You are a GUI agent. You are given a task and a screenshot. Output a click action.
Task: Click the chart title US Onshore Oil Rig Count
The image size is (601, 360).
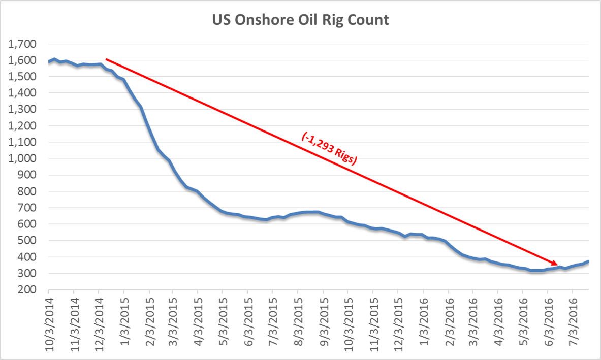coord(300,21)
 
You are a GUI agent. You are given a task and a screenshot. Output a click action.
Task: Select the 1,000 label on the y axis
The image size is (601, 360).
coord(22,158)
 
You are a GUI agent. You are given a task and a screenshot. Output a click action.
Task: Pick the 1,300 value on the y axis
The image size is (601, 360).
coord(22,110)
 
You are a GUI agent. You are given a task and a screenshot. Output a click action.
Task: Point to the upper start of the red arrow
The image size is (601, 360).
coord(106,59)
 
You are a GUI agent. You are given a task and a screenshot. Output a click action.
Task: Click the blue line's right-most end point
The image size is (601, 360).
coord(588,261)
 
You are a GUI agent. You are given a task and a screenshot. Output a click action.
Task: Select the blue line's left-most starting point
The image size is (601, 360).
coord(49,62)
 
